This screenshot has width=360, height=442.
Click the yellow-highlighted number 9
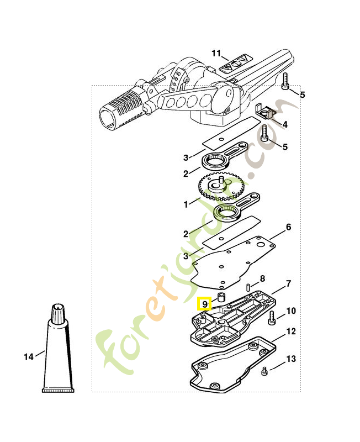click(x=204, y=303)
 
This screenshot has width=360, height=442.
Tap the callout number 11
click(x=216, y=53)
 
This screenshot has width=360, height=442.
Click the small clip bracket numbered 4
click(x=266, y=113)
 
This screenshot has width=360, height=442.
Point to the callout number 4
click(x=285, y=125)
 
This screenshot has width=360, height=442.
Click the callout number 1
click(x=187, y=204)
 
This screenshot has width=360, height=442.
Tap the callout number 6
click(x=288, y=227)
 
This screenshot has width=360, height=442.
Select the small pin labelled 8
click(x=249, y=287)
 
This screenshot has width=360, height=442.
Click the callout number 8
click(x=262, y=278)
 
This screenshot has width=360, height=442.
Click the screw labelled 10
click(x=272, y=318)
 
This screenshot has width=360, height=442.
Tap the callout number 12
click(x=291, y=331)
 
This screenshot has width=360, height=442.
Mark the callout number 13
click(x=291, y=359)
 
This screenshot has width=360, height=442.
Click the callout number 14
click(x=29, y=356)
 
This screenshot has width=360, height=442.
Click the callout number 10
click(x=291, y=311)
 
